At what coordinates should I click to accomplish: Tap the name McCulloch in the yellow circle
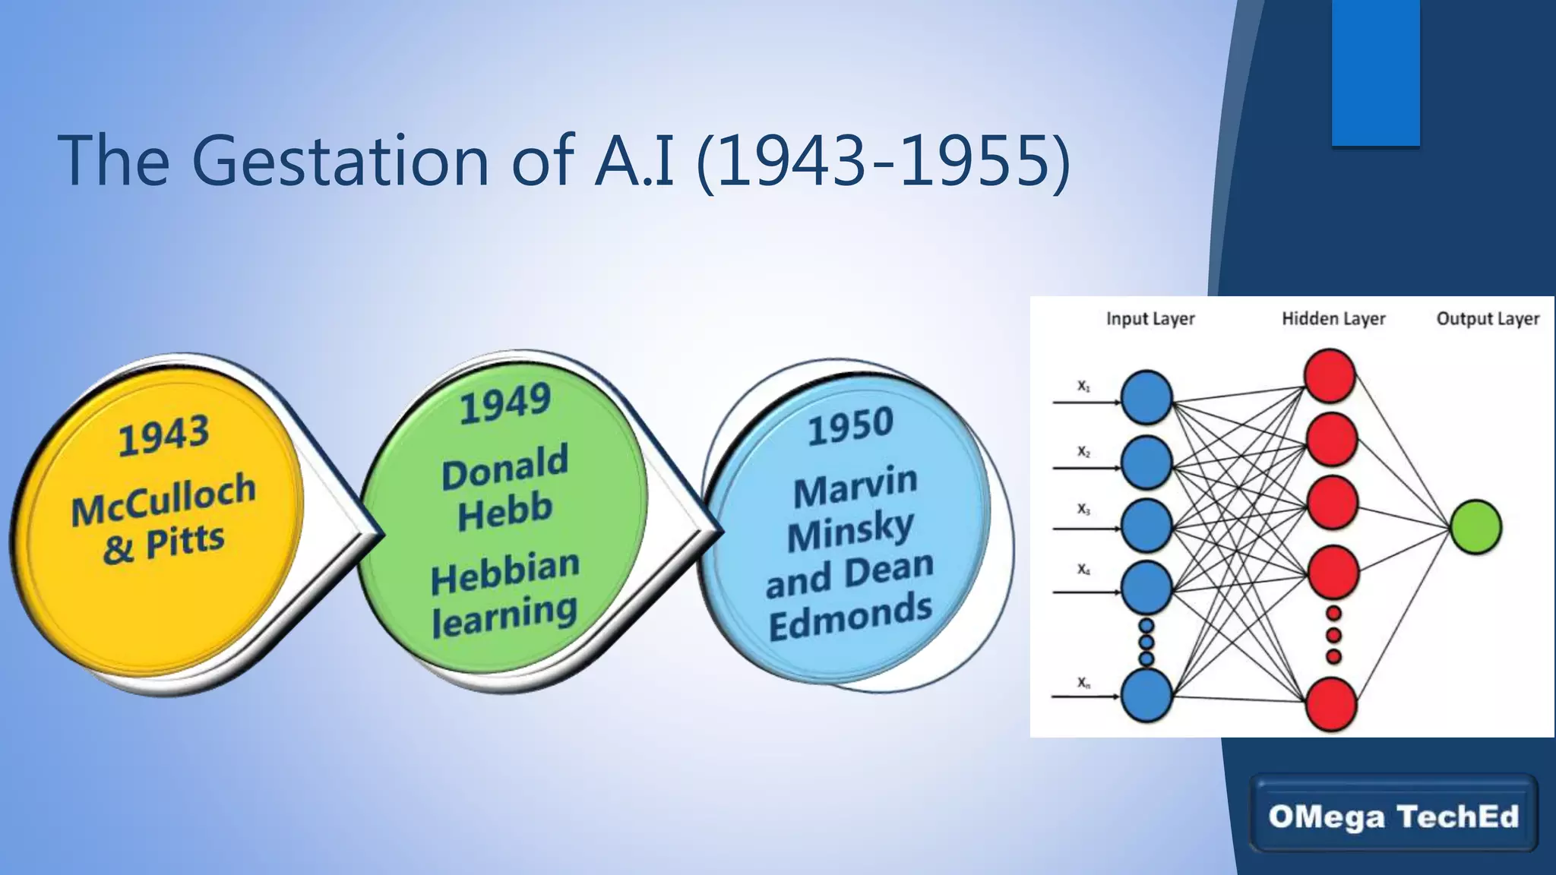(163, 499)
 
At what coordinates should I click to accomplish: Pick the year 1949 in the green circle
(505, 403)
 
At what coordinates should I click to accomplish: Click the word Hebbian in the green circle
(505, 571)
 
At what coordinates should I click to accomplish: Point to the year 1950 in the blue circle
(850, 426)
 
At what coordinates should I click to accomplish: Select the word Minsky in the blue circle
(850, 531)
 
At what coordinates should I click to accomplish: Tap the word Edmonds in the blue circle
(850, 617)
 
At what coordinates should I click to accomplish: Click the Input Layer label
(1150, 319)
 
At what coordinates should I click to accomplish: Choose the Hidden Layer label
(1333, 319)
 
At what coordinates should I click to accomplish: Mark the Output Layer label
(1487, 319)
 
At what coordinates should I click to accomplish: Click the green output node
(1475, 527)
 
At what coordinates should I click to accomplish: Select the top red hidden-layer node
(1330, 376)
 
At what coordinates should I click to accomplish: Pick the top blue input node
(1146, 397)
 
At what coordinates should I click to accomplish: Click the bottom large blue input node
(1146, 694)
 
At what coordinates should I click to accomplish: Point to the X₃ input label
(1083, 510)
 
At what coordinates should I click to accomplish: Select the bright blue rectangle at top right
(1375, 72)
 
